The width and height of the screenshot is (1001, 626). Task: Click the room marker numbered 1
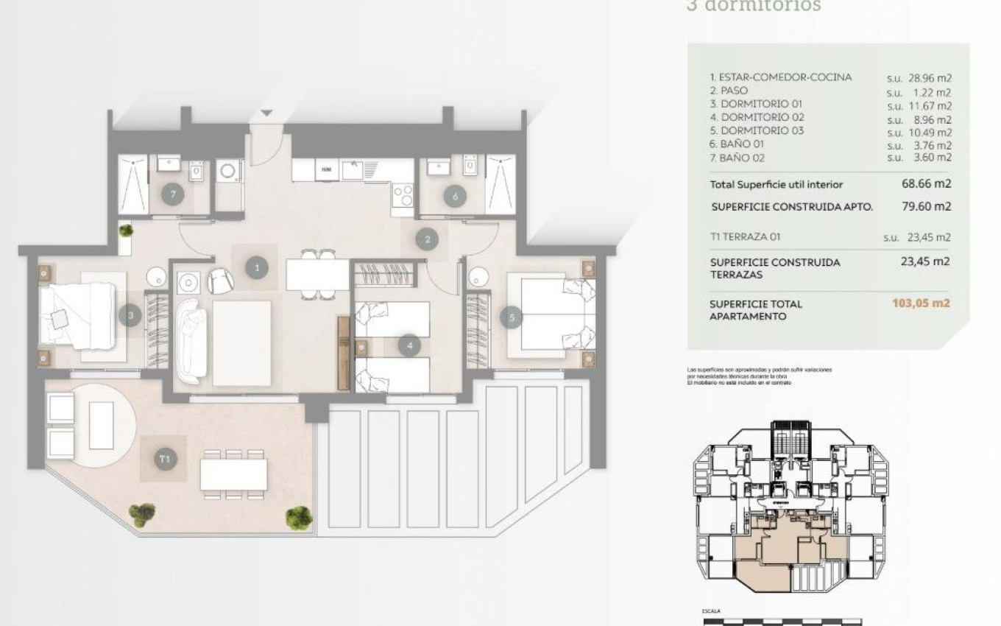pyautogui.click(x=256, y=267)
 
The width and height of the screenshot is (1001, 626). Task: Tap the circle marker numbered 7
pyautogui.click(x=172, y=195)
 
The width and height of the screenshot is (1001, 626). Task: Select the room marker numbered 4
pyautogui.click(x=408, y=344)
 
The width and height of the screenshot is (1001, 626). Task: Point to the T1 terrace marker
pyautogui.click(x=166, y=459)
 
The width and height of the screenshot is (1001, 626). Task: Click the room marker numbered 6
pyautogui.click(x=455, y=196)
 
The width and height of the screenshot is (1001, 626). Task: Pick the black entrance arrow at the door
pyautogui.click(x=266, y=113)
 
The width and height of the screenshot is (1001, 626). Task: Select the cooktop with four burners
pyautogui.click(x=403, y=195)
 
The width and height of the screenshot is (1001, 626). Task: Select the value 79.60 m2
pyautogui.click(x=926, y=207)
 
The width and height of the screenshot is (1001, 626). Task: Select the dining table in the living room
pyautogui.click(x=317, y=275)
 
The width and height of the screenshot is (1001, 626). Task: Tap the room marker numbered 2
pyautogui.click(x=426, y=239)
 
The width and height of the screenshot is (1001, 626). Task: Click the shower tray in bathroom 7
pyautogui.click(x=133, y=184)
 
